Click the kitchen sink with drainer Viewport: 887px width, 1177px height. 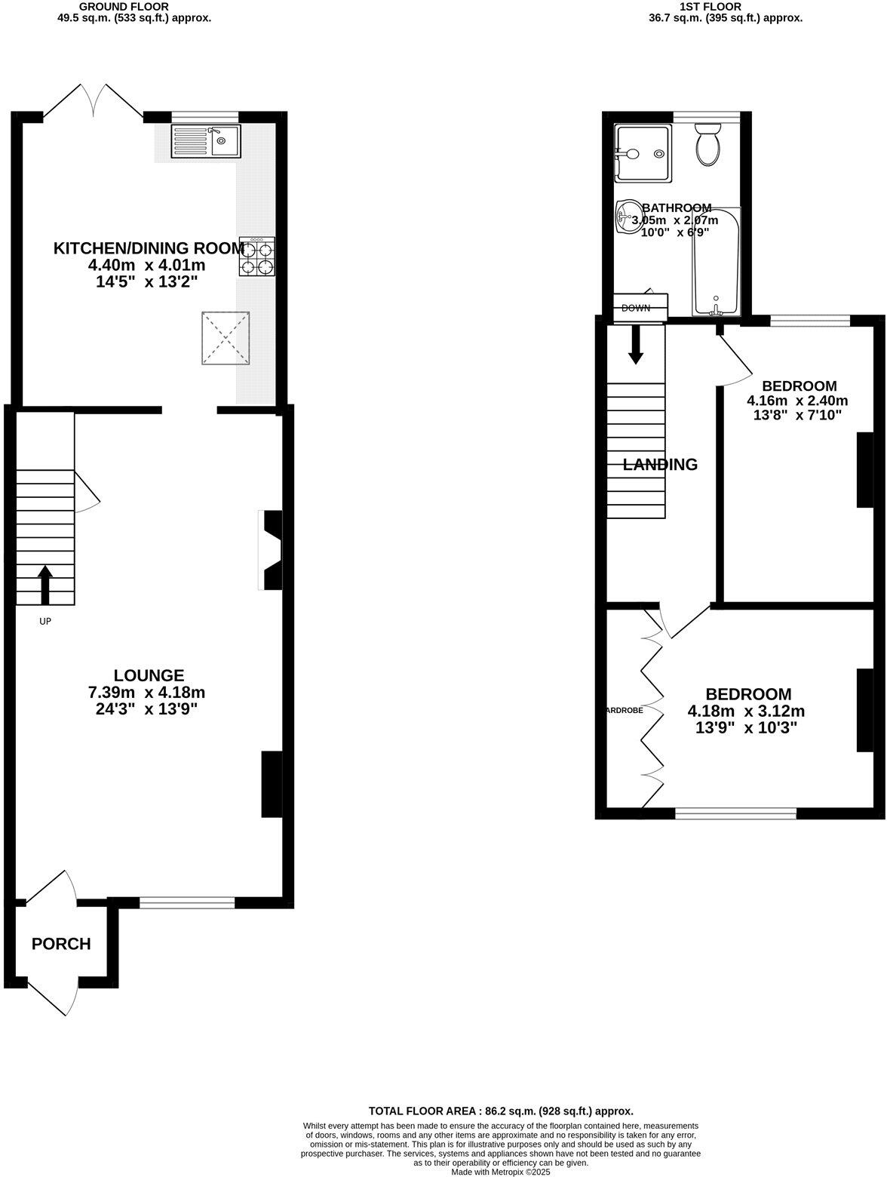pos(205,141)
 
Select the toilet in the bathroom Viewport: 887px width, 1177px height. pos(709,144)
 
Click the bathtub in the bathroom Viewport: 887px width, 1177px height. pos(716,262)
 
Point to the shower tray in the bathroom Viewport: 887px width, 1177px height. pos(642,154)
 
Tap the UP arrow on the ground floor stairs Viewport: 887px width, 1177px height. pos(45,585)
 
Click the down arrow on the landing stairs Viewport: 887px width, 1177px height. pos(636,345)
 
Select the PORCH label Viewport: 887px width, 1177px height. pos(61,944)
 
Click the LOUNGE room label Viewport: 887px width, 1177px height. pos(149,675)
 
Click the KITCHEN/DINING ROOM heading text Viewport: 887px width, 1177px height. pos(149,248)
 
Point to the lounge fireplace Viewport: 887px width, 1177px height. pos(270,549)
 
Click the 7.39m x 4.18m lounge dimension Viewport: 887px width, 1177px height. pos(146,693)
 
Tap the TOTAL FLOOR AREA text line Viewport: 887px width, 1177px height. pos(500,1111)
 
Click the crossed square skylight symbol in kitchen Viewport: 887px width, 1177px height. pos(225,338)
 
